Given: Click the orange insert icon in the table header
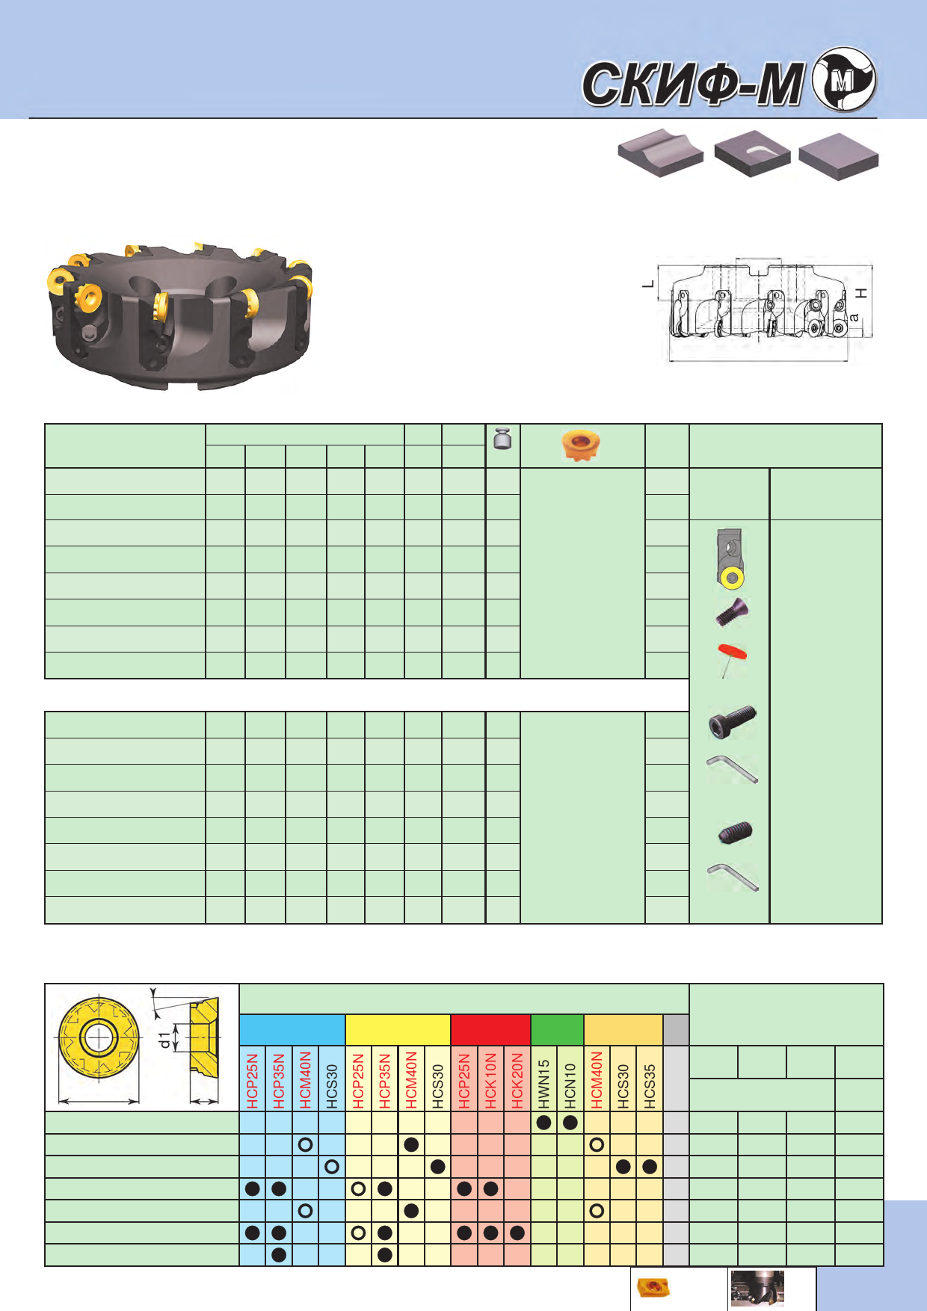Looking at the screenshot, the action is pos(580,445).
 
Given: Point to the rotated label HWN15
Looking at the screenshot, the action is pos(544,1084).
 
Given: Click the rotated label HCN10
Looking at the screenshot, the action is pos(570,1086).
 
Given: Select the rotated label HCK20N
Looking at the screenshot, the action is pos(517,1081).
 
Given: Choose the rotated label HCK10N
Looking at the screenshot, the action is pos(491,1081).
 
